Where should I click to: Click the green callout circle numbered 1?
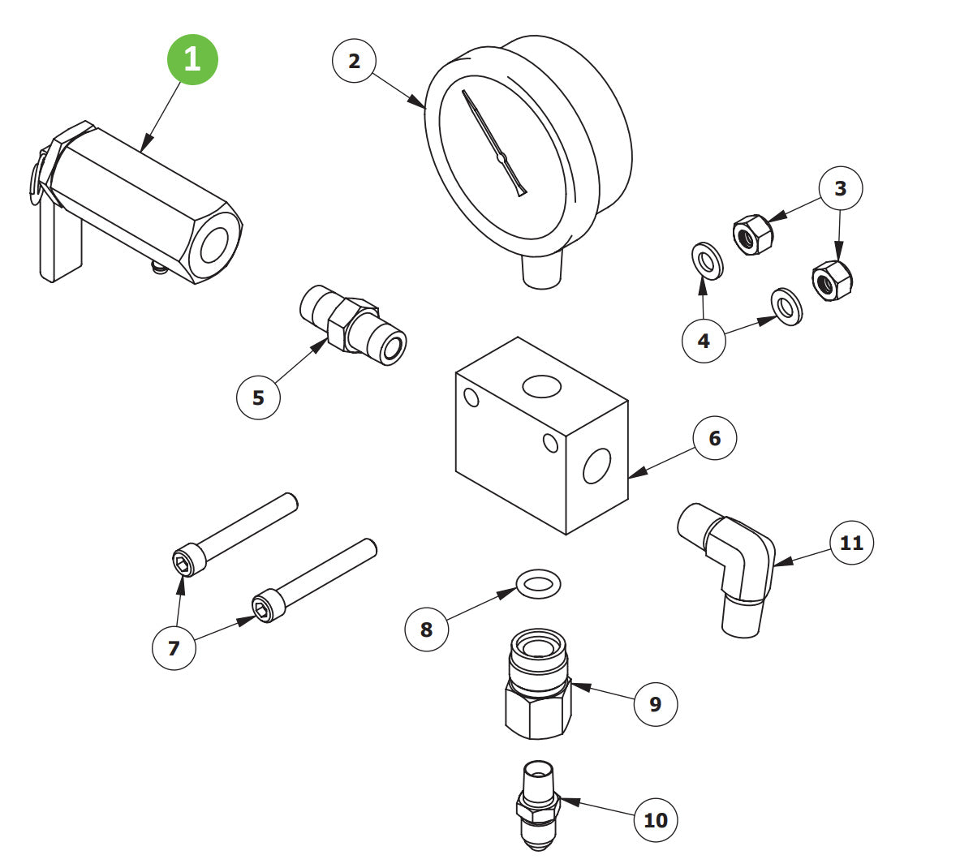192,59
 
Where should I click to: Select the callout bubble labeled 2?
354,62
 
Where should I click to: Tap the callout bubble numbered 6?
714,438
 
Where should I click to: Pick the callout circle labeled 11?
851,542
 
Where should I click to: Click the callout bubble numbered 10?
655,819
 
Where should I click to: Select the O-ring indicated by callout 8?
538,582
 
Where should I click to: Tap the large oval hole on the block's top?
541,387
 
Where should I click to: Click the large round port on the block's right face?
596,466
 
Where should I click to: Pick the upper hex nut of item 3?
752,235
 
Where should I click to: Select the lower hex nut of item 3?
832,281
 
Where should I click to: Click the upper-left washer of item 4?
708,260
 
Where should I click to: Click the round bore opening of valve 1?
214,246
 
